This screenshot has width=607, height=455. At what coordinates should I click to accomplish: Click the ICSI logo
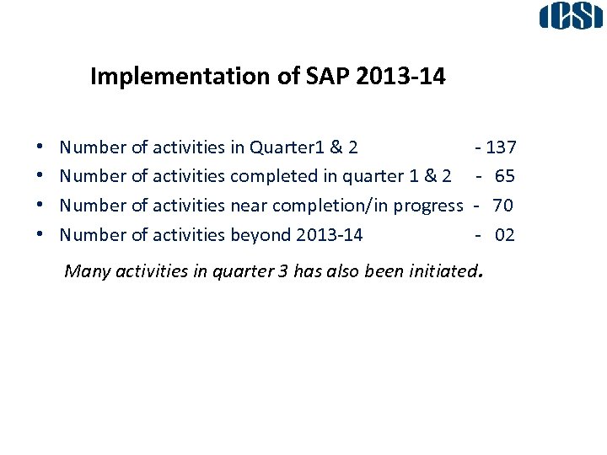pyautogui.click(x=572, y=17)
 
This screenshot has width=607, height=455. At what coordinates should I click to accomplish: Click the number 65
pyautogui.click(x=504, y=176)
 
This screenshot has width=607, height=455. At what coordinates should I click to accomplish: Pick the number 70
pyautogui.click(x=502, y=205)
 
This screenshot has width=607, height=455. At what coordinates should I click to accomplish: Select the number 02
pyautogui.click(x=504, y=234)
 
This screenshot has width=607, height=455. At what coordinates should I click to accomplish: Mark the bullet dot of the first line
pyautogui.click(x=41, y=148)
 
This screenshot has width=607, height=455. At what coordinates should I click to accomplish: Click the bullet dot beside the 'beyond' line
pyautogui.click(x=41, y=235)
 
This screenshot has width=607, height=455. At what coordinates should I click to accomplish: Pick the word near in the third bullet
pyautogui.click(x=250, y=205)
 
